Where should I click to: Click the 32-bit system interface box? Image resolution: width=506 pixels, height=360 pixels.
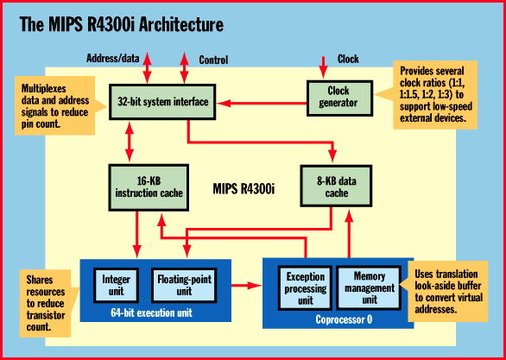(x=162, y=102)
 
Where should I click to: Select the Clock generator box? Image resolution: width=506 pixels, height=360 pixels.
(x=339, y=98)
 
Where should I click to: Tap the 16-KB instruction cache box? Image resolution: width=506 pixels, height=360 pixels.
(x=149, y=187)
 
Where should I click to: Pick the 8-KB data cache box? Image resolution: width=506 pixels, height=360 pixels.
(x=336, y=186)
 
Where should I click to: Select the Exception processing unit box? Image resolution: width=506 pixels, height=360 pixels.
(x=305, y=287)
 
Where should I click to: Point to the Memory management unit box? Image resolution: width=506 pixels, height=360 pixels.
(x=370, y=287)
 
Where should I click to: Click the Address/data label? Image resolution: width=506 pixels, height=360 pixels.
(x=113, y=59)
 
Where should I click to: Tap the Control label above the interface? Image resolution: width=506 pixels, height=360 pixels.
(x=213, y=60)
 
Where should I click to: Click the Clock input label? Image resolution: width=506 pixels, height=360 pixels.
(x=348, y=59)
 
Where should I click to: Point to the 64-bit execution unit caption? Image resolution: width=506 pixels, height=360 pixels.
(x=151, y=313)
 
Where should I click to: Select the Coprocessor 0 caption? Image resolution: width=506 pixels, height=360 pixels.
(x=344, y=319)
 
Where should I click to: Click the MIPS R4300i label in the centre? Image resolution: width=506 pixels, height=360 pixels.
(x=244, y=189)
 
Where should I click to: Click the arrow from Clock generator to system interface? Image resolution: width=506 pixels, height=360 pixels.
(x=262, y=104)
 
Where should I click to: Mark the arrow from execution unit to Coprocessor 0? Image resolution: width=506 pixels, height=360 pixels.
(x=247, y=285)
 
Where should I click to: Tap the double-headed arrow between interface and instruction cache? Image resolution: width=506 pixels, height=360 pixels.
(x=130, y=142)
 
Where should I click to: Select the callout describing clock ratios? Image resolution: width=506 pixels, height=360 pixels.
(x=432, y=95)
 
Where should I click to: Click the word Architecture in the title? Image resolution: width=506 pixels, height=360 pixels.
(x=180, y=24)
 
